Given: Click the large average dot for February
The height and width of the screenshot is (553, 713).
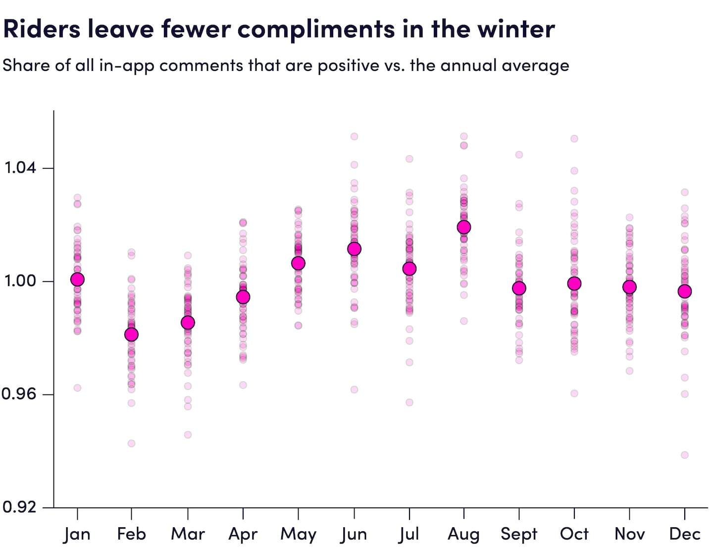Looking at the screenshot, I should point(131,334).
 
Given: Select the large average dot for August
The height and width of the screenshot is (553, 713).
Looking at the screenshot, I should point(464,227).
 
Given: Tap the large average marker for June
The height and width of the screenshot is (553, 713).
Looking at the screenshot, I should point(354,249).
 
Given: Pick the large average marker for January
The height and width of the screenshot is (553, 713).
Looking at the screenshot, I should point(77,279).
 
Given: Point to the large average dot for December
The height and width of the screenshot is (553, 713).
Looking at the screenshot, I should point(685,291).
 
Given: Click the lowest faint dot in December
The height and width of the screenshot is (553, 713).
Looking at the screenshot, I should point(685,455).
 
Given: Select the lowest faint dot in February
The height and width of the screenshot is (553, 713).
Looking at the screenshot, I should point(131,443).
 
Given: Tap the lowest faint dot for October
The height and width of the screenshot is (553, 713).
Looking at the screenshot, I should point(574,393).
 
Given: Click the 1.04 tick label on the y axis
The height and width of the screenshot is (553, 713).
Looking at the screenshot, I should point(20,167).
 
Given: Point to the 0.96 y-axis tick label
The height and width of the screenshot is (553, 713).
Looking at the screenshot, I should point(19,394).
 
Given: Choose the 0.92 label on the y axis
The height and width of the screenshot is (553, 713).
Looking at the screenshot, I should point(19,506).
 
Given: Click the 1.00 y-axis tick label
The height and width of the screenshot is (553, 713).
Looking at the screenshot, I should point(20,280).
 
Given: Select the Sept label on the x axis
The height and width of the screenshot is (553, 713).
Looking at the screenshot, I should point(519,534).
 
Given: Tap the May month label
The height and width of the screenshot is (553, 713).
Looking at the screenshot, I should point(298,534).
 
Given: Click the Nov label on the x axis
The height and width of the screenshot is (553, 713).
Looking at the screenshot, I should point(629,534).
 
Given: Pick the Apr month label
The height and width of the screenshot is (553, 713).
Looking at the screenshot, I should point(243,534).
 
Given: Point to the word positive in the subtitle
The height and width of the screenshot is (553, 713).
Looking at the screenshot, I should point(349,65).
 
